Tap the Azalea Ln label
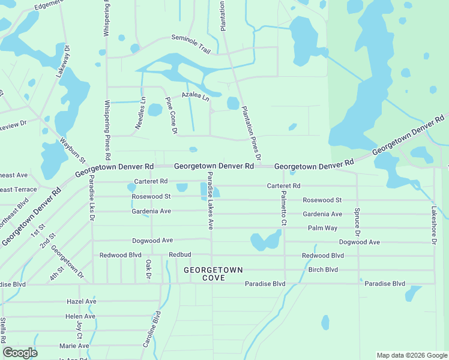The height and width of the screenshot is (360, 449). [195, 96]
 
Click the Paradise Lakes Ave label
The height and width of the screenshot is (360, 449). [210, 200]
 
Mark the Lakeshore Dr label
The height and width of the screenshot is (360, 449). [434, 225]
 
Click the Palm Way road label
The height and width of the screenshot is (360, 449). [322, 228]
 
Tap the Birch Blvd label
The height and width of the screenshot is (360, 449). [323, 269]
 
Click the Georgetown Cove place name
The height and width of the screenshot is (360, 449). [213, 274]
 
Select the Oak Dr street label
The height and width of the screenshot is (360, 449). [148, 269]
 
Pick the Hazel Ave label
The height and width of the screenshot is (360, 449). [82, 301]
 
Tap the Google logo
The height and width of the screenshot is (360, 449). [20, 353]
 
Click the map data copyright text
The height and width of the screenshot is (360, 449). [412, 355]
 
